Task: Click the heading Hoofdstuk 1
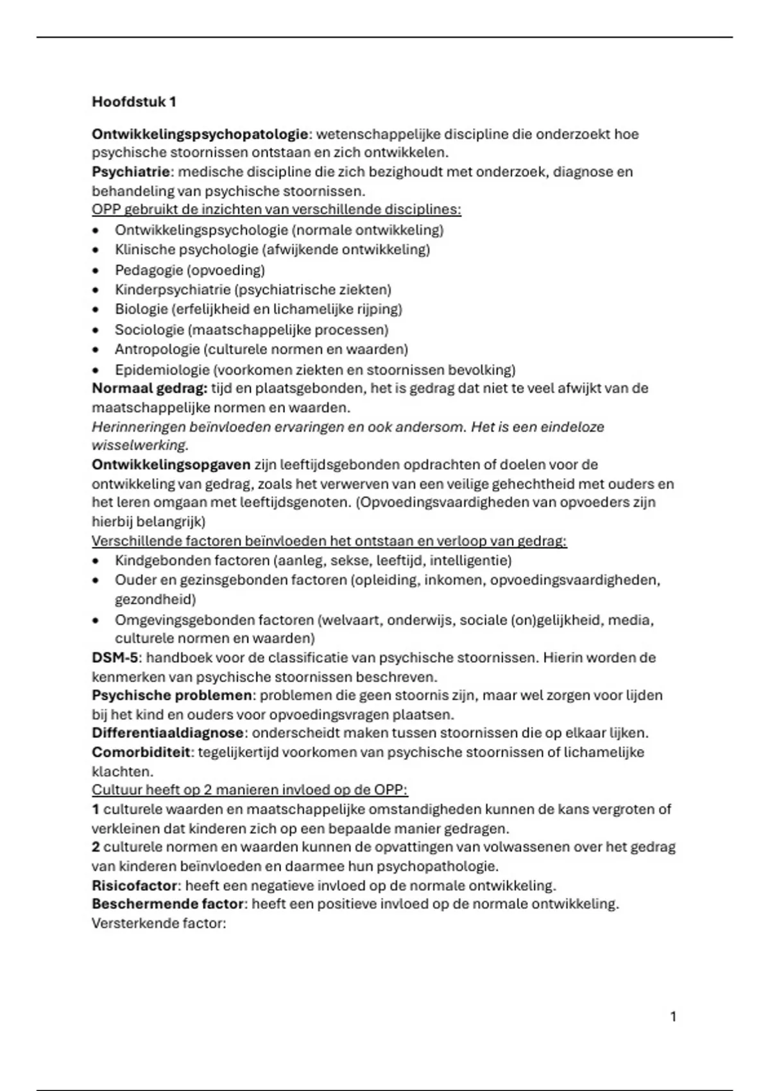[x=133, y=101]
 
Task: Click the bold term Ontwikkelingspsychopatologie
[x=200, y=134]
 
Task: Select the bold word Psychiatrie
[x=131, y=171]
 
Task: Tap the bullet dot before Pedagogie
[x=96, y=270]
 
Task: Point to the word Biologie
[x=141, y=309]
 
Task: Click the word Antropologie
[x=157, y=349]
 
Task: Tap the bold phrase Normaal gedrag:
[x=150, y=388]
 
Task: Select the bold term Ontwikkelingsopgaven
[x=171, y=464]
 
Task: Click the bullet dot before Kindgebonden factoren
[x=96, y=560]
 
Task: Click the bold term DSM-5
[x=115, y=657]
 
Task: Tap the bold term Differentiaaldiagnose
[x=167, y=732]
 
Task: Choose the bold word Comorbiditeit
[x=141, y=752]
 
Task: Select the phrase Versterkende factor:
[x=159, y=923]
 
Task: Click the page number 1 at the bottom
[x=673, y=1016]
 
